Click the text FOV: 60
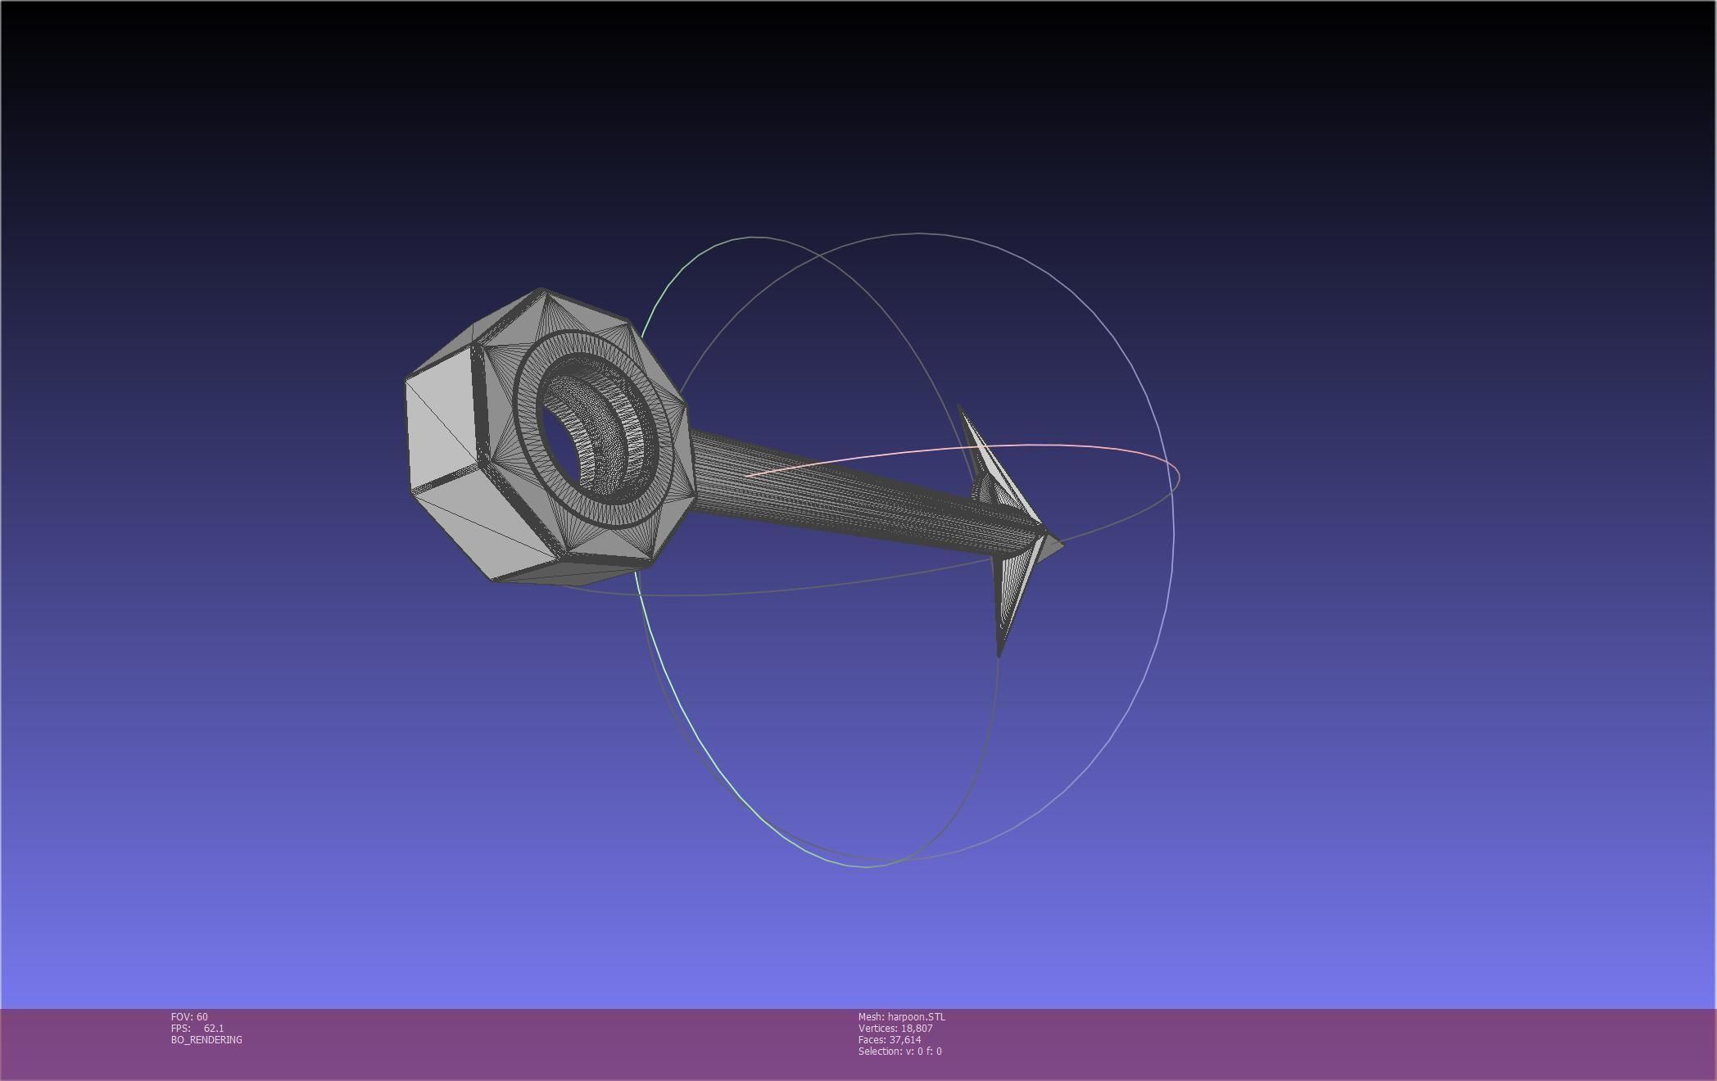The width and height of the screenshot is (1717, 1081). pyautogui.click(x=189, y=1017)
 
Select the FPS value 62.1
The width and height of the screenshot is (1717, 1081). pyautogui.click(x=214, y=1029)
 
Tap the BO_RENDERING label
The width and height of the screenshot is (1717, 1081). pyautogui.click(x=206, y=1040)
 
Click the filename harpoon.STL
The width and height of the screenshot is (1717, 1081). pyautogui.click(x=916, y=1017)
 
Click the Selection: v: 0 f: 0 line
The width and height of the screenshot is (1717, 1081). pyautogui.click(x=899, y=1052)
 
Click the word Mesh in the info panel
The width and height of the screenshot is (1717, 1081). pyautogui.click(x=871, y=1017)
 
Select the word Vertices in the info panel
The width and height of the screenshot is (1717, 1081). pyautogui.click(x=877, y=1029)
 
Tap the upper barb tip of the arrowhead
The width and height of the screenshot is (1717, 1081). pyautogui.click(x=959, y=405)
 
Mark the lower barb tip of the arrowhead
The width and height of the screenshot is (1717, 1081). pyautogui.click(x=999, y=655)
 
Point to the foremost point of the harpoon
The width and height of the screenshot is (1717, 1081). pyautogui.click(x=1063, y=542)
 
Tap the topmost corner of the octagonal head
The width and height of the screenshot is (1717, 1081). pyautogui.click(x=540, y=289)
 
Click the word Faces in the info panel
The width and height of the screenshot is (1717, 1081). pyautogui.click(x=872, y=1040)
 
